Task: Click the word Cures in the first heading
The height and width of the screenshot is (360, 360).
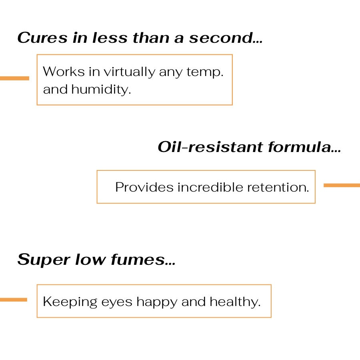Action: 42,38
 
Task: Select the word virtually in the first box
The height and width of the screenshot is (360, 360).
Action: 130,72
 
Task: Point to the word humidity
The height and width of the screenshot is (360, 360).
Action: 101,89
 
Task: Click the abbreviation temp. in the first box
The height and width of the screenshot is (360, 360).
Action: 205,72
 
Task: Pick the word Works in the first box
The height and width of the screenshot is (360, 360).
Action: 64,72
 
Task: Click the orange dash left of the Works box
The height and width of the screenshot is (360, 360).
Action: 14,78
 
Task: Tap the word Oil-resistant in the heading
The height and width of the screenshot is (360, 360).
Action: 210,147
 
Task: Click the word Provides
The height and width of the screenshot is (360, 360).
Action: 144,187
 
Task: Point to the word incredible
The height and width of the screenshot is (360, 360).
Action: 210,187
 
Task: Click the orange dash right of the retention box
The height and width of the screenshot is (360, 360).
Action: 342,185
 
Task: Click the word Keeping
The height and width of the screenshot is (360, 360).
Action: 70,302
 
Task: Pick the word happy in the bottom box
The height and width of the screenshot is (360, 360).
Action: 157,302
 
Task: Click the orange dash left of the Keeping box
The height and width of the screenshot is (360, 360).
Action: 14,300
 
